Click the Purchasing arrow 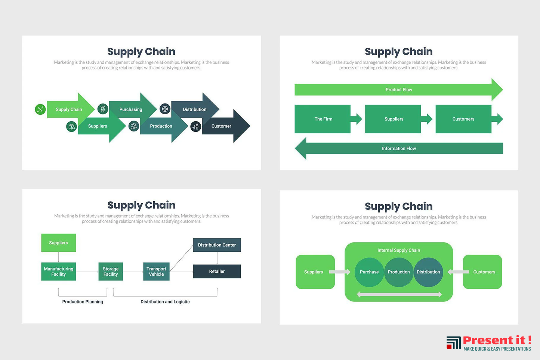(x=131, y=109)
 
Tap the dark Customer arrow (x=223, y=126)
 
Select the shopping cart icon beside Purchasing (x=103, y=109)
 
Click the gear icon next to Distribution (x=165, y=109)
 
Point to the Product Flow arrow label (x=399, y=90)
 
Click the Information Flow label (x=399, y=149)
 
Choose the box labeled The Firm (x=323, y=119)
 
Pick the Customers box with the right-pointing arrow (x=463, y=119)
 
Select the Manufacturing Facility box (x=59, y=271)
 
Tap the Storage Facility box (x=111, y=271)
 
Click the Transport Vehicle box (x=156, y=271)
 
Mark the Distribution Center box (x=217, y=245)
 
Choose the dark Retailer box (x=217, y=271)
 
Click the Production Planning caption (x=83, y=302)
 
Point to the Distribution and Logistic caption (x=165, y=302)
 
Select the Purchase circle (x=369, y=272)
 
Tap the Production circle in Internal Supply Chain (x=399, y=272)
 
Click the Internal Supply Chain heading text (x=399, y=250)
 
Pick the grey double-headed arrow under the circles (x=399, y=295)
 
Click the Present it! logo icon (x=453, y=342)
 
